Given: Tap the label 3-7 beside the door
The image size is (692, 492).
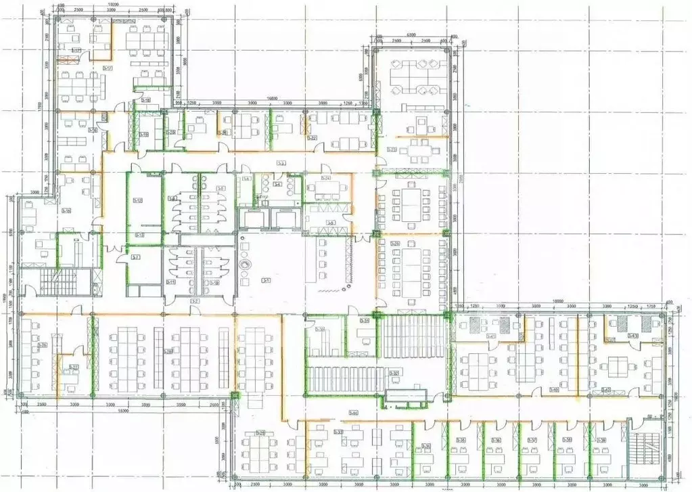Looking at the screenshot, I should (x=136, y=257).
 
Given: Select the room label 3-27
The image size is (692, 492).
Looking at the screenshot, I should (x=74, y=367).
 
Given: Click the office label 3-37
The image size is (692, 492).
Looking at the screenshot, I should (x=532, y=441).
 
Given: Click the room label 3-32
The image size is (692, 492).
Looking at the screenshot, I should (x=394, y=372).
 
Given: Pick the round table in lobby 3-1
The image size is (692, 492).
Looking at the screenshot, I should (x=246, y=264).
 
